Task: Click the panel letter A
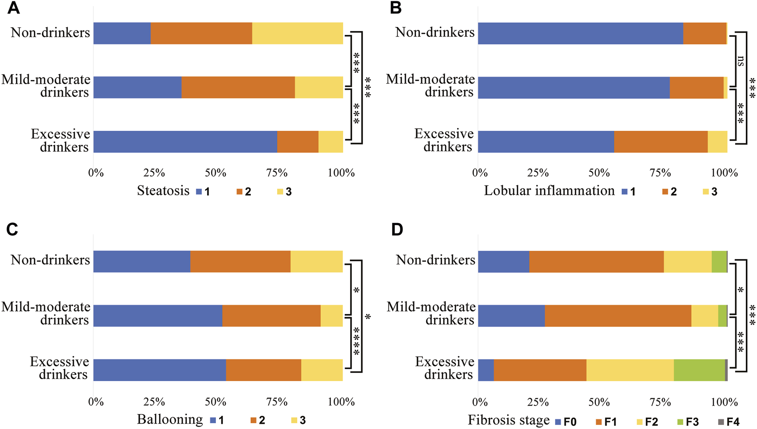14,8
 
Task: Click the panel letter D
397,229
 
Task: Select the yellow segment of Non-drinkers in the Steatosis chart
297,33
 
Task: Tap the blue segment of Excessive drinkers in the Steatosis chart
185,141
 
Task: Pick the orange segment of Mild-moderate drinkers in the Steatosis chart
238,87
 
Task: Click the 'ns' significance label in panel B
740,61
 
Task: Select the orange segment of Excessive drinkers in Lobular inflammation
660,141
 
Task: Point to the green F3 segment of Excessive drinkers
699,370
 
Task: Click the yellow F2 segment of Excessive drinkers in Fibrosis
630,370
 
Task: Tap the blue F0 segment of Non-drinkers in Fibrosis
503,262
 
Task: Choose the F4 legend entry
728,422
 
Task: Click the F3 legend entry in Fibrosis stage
687,422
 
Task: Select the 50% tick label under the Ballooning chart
215,402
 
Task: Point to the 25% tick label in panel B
538,173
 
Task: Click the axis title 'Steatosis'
163,191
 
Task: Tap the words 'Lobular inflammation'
549,191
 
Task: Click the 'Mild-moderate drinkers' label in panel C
46,313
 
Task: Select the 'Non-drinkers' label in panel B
435,32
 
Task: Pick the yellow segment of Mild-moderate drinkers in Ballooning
332,316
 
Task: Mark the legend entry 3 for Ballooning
298,420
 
